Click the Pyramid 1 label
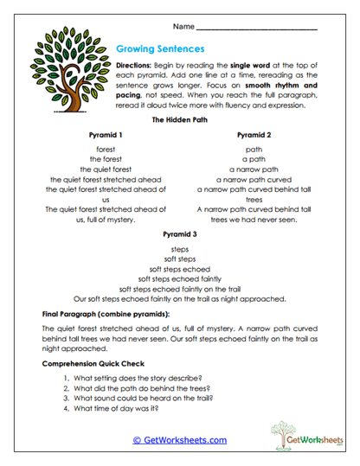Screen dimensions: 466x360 (106, 136)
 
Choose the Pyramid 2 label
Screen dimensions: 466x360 (254, 136)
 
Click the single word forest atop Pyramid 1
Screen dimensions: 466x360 (106, 150)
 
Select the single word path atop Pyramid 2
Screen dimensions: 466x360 (254, 150)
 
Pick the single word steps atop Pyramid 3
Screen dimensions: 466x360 (179, 248)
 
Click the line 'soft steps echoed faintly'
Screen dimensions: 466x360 (179, 278)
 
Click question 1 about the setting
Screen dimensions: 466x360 (130, 379)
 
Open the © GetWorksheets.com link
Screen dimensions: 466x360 (179, 440)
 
